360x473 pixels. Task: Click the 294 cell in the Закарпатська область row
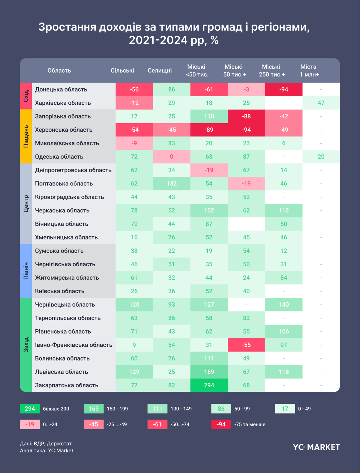[209, 385]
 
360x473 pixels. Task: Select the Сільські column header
[122, 70]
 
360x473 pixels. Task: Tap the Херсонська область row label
[64, 130]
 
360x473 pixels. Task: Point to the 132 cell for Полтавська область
[172, 183]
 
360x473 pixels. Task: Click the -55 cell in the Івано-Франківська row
[246, 345]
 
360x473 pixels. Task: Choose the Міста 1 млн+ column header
[309, 70]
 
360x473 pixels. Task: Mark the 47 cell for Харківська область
[321, 103]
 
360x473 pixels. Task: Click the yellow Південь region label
[26, 136]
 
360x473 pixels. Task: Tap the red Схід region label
[26, 96]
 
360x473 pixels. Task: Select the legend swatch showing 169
[94, 409]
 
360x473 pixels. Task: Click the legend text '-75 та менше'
[250, 424]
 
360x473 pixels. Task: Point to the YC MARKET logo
[316, 447]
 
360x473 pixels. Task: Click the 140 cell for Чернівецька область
[284, 304]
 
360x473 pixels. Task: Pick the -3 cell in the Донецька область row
[246, 89]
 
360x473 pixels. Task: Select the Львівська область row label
[61, 372]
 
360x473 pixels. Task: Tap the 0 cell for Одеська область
[172, 157]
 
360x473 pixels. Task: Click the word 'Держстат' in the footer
[59, 444]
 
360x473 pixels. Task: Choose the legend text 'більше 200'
[56, 409]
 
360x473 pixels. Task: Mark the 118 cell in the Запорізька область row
[209, 116]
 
